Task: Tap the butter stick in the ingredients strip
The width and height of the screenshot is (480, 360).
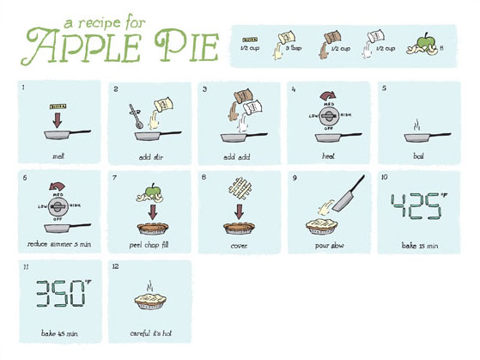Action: [x=250, y=40]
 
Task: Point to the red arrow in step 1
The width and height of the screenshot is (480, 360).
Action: [x=58, y=118]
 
